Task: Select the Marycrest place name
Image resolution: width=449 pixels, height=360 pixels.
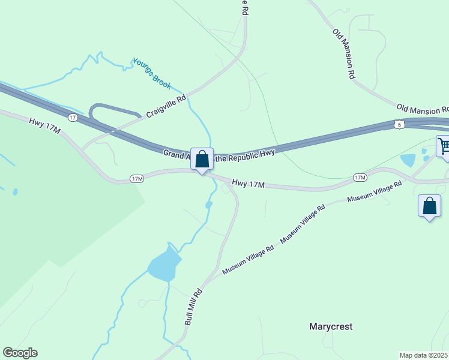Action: (331, 327)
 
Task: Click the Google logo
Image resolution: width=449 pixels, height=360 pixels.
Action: (20, 353)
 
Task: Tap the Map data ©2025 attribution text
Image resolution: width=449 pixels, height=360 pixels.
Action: (424, 355)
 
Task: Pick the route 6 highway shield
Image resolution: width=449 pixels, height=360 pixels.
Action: (400, 124)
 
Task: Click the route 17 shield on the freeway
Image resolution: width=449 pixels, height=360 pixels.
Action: (73, 118)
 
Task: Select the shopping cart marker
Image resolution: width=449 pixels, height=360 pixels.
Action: (444, 146)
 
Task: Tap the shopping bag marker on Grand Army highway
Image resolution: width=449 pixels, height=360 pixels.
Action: (202, 160)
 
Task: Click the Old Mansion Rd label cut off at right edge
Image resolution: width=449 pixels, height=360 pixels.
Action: (423, 109)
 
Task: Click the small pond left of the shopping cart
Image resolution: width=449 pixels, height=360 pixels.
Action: (408, 160)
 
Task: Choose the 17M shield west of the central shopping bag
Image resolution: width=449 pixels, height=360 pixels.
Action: (137, 179)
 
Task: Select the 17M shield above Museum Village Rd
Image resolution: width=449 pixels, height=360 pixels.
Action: (360, 178)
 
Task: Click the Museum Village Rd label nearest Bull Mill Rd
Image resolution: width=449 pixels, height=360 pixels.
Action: (248, 260)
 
